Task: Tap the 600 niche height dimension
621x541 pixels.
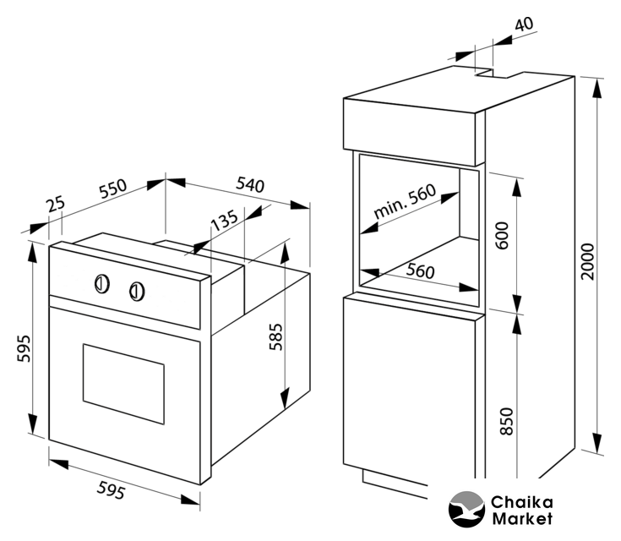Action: (x=504, y=236)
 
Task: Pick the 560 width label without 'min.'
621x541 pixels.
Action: (x=420, y=271)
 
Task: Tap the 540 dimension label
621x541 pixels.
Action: (x=249, y=184)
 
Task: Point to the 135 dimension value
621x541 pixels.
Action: (x=223, y=221)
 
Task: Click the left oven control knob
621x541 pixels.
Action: (x=101, y=283)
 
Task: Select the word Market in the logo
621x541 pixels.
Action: (x=522, y=518)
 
